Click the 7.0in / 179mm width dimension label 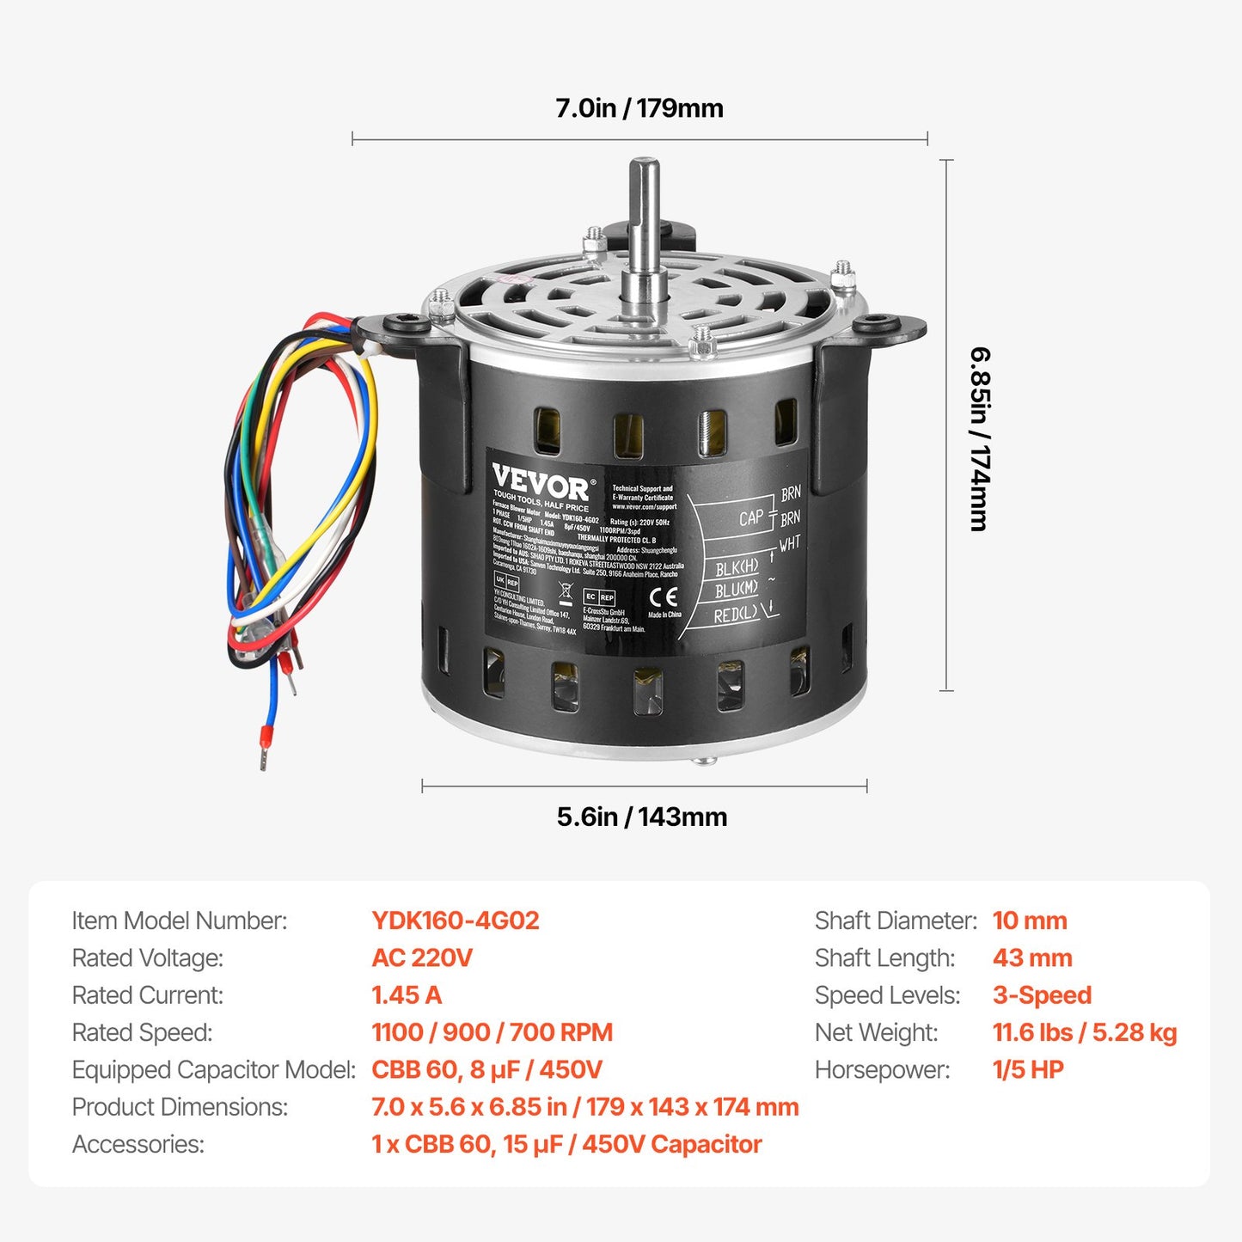tap(639, 108)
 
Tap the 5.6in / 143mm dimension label tap(641, 817)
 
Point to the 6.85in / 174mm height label tap(980, 438)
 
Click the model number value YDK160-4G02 tap(455, 921)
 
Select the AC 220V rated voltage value tap(421, 958)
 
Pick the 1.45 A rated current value tap(406, 995)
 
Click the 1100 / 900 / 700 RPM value tap(492, 1032)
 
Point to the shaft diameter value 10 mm tap(1029, 921)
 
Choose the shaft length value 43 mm tap(1031, 958)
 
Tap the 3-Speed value tap(1041, 995)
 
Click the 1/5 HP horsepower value tap(1027, 1069)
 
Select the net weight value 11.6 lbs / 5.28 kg tap(1084, 1032)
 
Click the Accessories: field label tap(138, 1144)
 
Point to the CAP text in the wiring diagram tap(750, 517)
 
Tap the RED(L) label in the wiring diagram tap(736, 615)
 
